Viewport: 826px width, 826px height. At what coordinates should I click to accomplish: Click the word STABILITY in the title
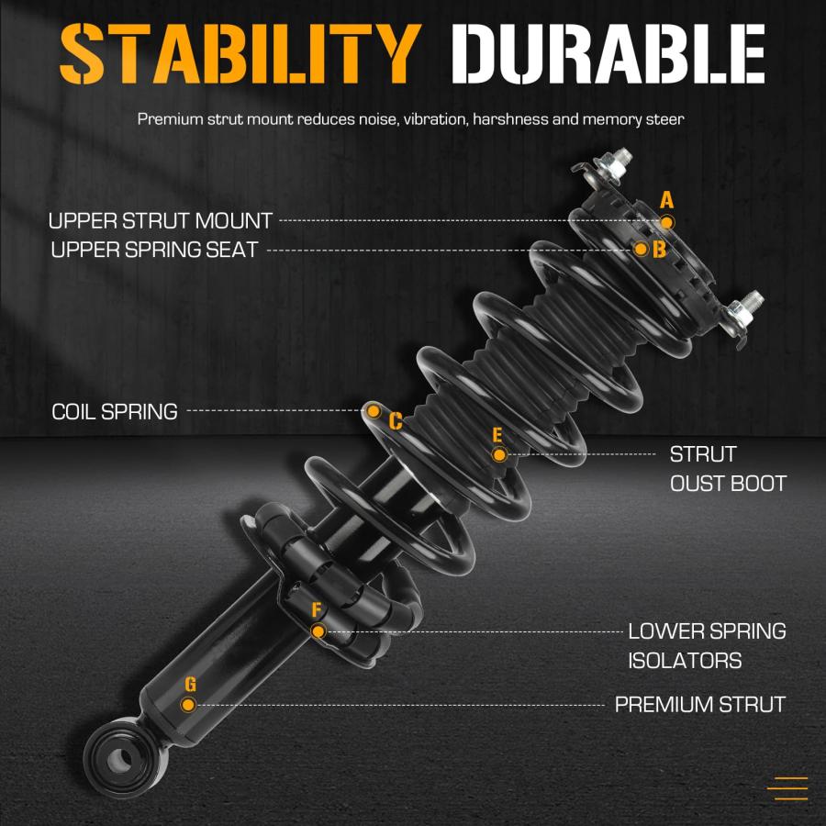(x=240, y=53)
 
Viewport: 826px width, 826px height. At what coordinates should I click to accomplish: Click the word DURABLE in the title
(x=608, y=54)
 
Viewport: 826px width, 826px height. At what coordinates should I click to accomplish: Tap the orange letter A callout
(x=667, y=200)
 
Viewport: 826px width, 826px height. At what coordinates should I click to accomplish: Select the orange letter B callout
(x=659, y=249)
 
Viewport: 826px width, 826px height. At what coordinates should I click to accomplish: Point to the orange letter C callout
(x=396, y=421)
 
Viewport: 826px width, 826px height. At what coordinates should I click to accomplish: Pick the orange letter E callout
(x=497, y=435)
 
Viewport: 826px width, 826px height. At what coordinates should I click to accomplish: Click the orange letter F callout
(x=316, y=609)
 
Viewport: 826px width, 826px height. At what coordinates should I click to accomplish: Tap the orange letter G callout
(x=190, y=685)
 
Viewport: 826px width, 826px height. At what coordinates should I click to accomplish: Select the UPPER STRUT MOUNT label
(x=160, y=220)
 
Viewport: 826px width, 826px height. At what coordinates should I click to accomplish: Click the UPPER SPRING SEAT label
(x=154, y=250)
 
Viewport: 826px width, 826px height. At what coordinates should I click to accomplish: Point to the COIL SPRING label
(x=115, y=411)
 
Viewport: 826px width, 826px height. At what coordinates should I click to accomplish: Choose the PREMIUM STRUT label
(x=700, y=704)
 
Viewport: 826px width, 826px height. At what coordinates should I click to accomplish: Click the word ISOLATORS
(x=685, y=661)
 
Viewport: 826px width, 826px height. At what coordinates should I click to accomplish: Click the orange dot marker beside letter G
(x=188, y=705)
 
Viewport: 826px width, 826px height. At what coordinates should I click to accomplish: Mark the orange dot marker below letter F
(x=318, y=631)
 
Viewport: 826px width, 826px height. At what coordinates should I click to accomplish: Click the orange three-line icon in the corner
(x=787, y=788)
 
